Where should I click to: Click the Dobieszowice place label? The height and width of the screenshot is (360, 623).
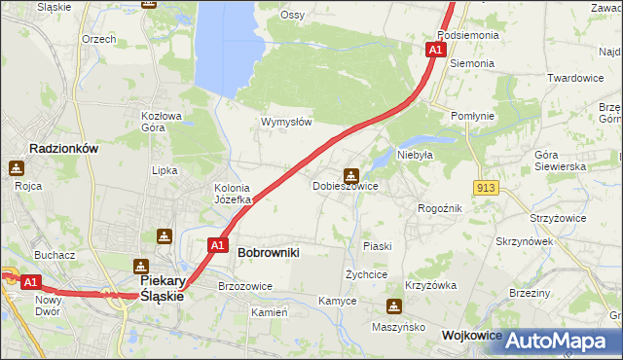point(345,186)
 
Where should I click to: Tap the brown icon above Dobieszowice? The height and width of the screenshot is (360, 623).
point(350,175)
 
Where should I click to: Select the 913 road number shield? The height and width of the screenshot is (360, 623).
point(488,187)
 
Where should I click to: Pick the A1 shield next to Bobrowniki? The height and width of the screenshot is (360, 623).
point(217,246)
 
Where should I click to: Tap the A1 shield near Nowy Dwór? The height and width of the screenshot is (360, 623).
point(30,282)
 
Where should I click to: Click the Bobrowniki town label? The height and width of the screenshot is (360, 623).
point(268,252)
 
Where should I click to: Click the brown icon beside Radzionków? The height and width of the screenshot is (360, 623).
point(17,168)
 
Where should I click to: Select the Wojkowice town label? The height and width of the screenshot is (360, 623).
point(471,335)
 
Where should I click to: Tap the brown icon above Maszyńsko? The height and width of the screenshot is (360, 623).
point(393,307)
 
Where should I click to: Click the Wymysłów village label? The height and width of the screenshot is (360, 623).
point(286,123)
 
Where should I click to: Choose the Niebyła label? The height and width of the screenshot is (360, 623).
point(414,154)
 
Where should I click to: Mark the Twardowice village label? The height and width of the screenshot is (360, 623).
point(575,78)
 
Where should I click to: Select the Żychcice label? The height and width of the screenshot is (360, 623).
point(367,274)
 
